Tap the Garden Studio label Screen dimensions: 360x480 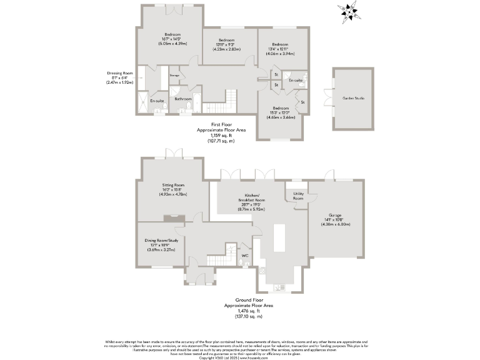pyautogui.click(x=352, y=99)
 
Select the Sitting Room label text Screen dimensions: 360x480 pyautogui.click(x=172, y=186)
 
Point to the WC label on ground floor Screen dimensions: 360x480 pyautogui.click(x=245, y=254)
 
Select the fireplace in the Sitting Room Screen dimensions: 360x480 pyautogui.click(x=170, y=217)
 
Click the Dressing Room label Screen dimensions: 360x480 pyautogui.click(x=120, y=73)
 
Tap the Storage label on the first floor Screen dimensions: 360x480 pyautogui.click(x=174, y=76)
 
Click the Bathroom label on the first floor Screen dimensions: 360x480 pyautogui.click(x=182, y=99)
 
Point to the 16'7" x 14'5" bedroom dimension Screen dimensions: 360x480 pyautogui.click(x=172, y=39)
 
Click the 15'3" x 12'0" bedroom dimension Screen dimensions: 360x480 pyautogui.click(x=280, y=112)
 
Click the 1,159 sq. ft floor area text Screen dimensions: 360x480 pyautogui.click(x=221, y=136)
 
